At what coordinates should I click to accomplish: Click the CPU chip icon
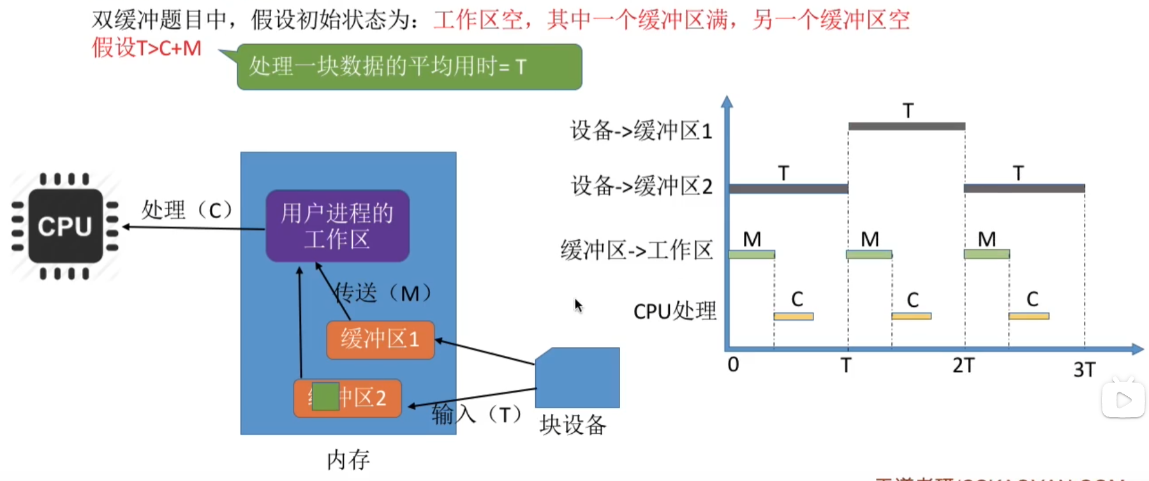click(65, 226)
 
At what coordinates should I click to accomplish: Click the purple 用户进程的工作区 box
click(337, 226)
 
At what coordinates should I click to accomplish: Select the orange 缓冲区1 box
click(380, 339)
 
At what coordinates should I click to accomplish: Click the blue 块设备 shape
click(578, 378)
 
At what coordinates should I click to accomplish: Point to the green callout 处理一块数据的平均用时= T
click(409, 66)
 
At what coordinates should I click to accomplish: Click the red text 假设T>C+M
click(147, 48)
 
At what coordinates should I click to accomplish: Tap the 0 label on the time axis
click(733, 365)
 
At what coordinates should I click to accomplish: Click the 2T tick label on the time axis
click(963, 366)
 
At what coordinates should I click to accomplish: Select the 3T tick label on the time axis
click(1084, 369)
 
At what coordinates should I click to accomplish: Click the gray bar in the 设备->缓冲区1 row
click(907, 126)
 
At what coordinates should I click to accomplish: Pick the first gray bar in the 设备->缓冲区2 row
click(789, 188)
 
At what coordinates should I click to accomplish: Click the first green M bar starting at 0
click(752, 255)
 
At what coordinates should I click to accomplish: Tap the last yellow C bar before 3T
click(1028, 316)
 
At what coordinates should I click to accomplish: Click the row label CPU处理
click(674, 311)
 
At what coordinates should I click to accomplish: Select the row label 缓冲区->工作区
click(636, 250)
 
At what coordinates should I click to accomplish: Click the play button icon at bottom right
click(1123, 400)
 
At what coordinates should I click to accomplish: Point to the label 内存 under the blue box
click(348, 459)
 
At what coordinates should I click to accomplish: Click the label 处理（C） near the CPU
click(186, 209)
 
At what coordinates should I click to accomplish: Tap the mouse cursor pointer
click(577, 305)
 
